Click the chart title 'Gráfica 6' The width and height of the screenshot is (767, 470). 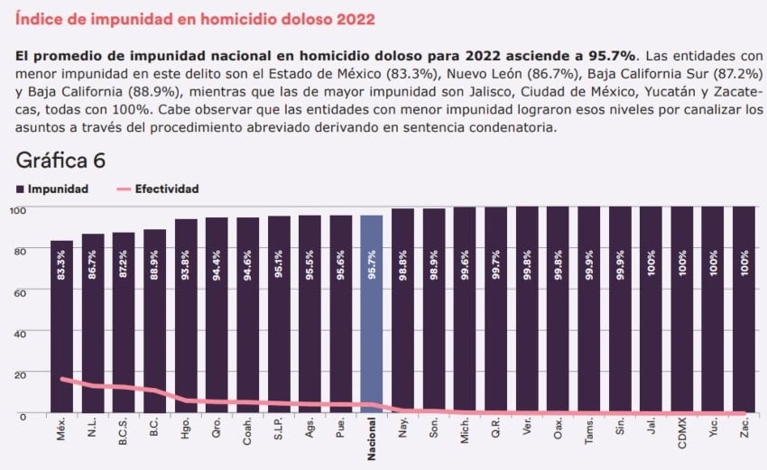pyautogui.click(x=60, y=161)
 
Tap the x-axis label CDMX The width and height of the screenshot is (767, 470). pyautogui.click(x=682, y=435)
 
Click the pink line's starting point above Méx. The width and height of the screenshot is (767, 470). pyautogui.click(x=61, y=379)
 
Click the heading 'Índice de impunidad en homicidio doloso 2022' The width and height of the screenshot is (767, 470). pyautogui.click(x=196, y=19)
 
